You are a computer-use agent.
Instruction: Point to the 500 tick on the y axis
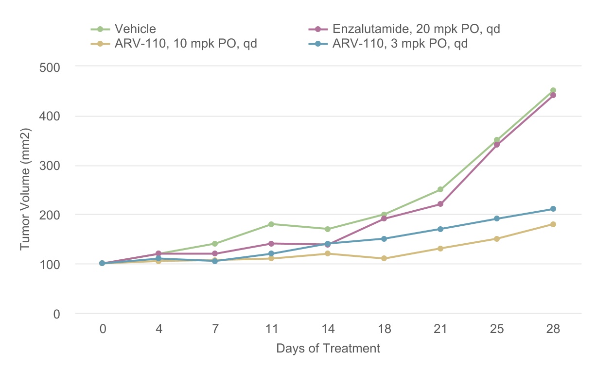49,67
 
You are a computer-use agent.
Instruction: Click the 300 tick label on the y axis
49,166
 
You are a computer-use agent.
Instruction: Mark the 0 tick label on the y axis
56,314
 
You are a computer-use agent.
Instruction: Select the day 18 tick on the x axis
384,329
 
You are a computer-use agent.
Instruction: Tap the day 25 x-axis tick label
496,329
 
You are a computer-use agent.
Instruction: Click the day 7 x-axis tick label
215,329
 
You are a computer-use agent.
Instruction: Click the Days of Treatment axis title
328,348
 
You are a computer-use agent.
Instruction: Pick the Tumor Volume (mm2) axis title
26,190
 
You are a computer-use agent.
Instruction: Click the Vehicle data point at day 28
553,90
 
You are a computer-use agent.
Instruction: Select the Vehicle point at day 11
271,224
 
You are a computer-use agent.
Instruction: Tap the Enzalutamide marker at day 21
440,204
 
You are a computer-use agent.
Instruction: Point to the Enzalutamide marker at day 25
496,145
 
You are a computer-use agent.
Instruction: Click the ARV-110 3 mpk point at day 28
553,209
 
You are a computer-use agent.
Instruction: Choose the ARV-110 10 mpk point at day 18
384,258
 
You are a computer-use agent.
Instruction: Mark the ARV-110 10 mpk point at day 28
553,224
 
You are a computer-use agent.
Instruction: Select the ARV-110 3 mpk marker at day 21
440,229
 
